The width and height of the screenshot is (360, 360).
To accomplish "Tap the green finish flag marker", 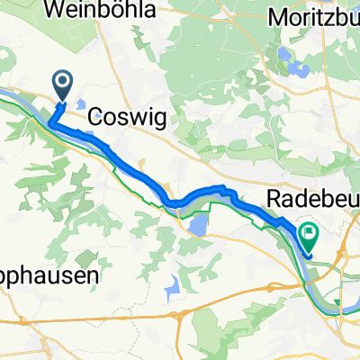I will (310, 237).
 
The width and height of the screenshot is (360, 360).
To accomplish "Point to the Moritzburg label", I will (313, 17).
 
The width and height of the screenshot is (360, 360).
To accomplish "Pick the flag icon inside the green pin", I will (310, 237).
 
